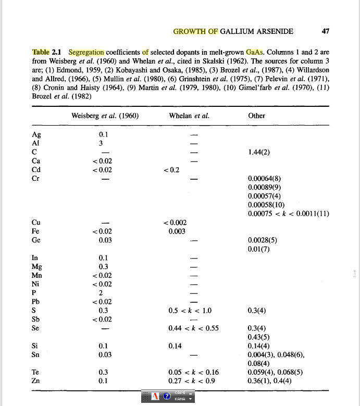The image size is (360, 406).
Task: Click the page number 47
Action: click(x=326, y=31)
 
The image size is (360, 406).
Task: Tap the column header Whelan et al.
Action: click(x=189, y=116)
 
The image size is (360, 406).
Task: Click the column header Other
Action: click(x=257, y=116)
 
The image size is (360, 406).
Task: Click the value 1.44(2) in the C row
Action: click(x=262, y=152)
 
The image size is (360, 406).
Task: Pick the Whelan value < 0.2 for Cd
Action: click(x=172, y=170)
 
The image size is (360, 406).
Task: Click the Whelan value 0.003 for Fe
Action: click(x=177, y=231)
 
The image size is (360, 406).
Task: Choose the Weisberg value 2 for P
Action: click(x=103, y=292)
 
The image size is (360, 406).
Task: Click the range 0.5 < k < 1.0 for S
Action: click(x=190, y=310)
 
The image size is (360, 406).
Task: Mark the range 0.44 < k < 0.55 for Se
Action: click(x=193, y=328)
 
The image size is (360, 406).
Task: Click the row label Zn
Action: click(x=36, y=381)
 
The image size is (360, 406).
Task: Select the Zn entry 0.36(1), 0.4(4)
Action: click(x=269, y=381)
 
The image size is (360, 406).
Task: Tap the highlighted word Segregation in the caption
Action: click(x=86, y=52)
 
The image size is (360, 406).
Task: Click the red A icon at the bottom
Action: click(x=155, y=396)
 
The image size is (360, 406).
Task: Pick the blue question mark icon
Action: click(x=167, y=396)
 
